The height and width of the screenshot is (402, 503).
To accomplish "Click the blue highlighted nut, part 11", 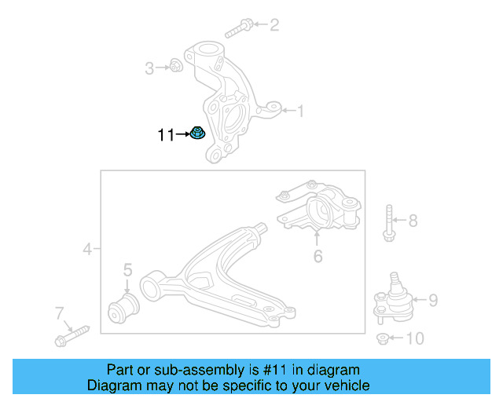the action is (199, 134).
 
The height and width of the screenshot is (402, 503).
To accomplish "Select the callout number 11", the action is (166, 135).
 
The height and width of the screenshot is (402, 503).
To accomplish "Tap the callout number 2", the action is (274, 25).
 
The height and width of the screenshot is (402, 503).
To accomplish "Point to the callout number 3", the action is (149, 68).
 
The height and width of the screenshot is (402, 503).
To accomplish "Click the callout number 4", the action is (87, 250).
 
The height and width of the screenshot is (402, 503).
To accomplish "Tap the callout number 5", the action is (127, 271).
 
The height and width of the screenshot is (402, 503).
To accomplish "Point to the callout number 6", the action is (318, 256).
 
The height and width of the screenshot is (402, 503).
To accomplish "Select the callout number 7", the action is (59, 314).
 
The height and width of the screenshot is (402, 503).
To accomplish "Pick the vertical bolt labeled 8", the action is (390, 223).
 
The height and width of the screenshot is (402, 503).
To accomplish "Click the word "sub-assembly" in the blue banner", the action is (204, 370).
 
